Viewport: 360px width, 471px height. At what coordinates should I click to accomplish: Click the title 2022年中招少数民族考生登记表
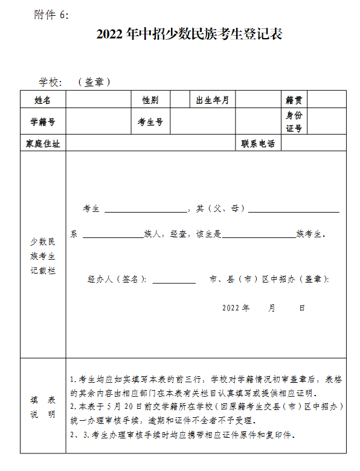point(189,34)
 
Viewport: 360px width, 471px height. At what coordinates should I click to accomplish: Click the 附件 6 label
point(51,14)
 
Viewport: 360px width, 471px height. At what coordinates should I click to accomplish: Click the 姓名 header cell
point(43,100)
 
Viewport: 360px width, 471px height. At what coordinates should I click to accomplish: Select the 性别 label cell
point(150,100)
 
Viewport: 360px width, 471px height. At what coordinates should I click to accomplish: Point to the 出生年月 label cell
point(212,100)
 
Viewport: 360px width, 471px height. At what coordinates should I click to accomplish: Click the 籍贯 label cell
point(294,100)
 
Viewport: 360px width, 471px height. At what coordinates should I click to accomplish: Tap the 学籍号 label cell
point(43,121)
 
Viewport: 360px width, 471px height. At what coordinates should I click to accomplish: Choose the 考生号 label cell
point(150,121)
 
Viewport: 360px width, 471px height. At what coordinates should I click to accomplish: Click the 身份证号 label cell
point(294,121)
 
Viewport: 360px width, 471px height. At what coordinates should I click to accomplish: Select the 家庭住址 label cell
point(43,144)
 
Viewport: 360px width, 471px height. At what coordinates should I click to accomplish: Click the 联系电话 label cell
point(258,144)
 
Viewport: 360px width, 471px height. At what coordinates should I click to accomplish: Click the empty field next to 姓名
point(99,100)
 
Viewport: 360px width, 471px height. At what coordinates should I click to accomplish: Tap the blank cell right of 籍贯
point(327,100)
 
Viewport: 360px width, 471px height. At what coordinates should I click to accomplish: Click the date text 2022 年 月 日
point(263,308)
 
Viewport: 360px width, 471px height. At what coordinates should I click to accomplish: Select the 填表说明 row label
point(43,407)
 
